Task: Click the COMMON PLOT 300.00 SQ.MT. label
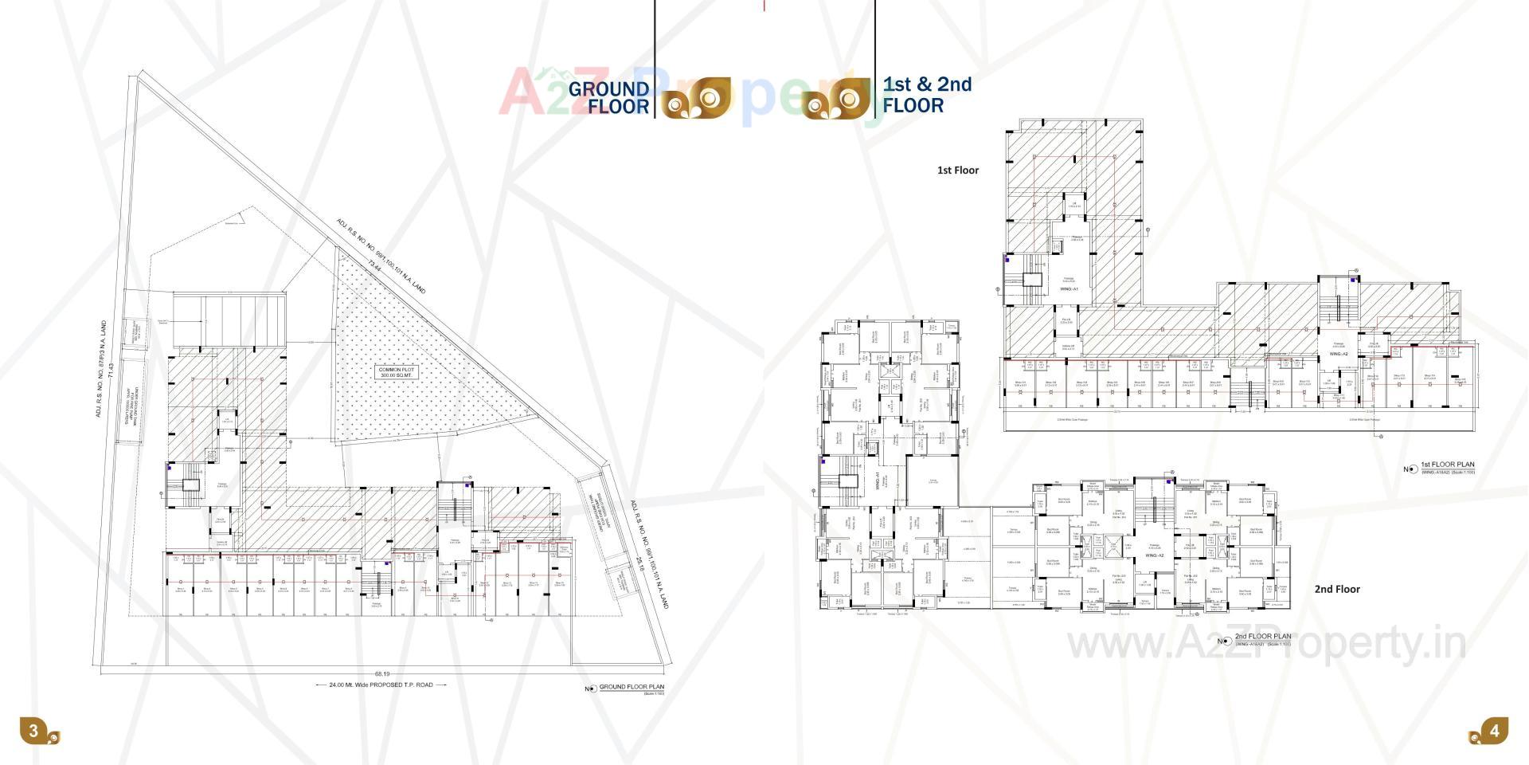(x=397, y=372)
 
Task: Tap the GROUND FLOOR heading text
(x=609, y=98)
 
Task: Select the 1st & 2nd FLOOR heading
(x=927, y=95)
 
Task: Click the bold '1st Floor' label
(x=958, y=170)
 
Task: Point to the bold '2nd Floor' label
(x=1337, y=589)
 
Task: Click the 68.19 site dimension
(x=382, y=674)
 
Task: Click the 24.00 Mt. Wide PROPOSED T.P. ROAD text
(x=381, y=685)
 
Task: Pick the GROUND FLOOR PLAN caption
(x=632, y=687)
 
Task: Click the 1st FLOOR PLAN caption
(x=1448, y=465)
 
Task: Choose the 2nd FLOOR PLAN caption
(x=1263, y=637)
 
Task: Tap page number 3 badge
(x=33, y=731)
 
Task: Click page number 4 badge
(x=1495, y=731)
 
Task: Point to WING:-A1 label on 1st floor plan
(x=1070, y=289)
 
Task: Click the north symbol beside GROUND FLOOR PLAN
(x=591, y=688)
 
